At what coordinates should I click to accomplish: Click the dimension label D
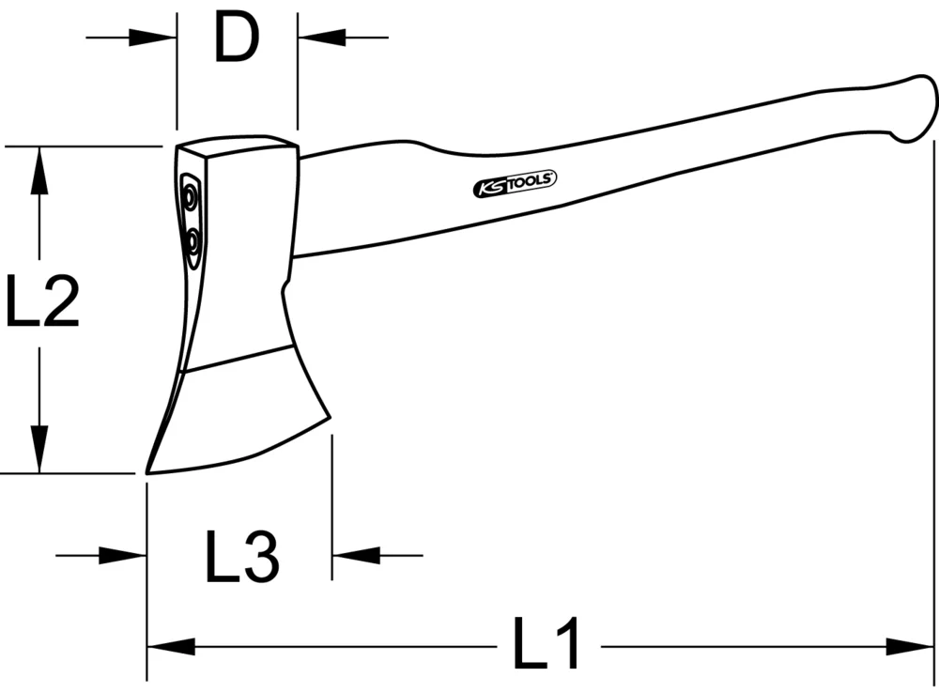pos(236,38)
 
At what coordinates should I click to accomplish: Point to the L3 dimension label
pos(241,556)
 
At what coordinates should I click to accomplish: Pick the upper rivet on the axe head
pos(191,198)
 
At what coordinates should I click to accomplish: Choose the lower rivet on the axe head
pos(192,243)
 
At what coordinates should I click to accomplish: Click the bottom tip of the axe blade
pos(148,469)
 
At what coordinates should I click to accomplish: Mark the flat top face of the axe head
pos(237,150)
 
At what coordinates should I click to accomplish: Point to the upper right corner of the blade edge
pos(328,420)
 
